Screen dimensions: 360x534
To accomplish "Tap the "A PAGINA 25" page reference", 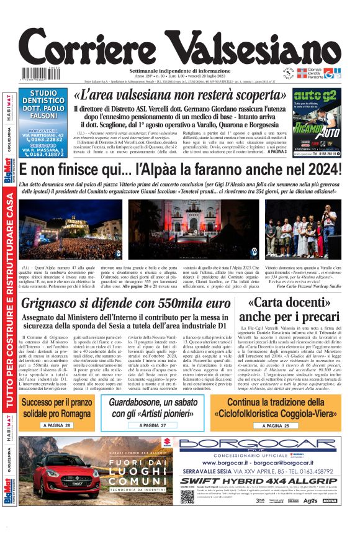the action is pos(271,425).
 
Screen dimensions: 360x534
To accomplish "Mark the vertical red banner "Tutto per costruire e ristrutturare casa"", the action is pos(9,309).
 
